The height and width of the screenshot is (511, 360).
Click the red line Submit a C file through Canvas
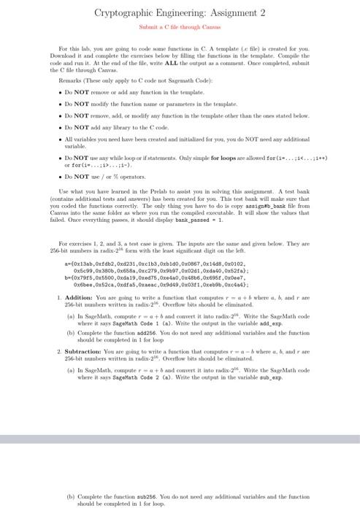180,28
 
